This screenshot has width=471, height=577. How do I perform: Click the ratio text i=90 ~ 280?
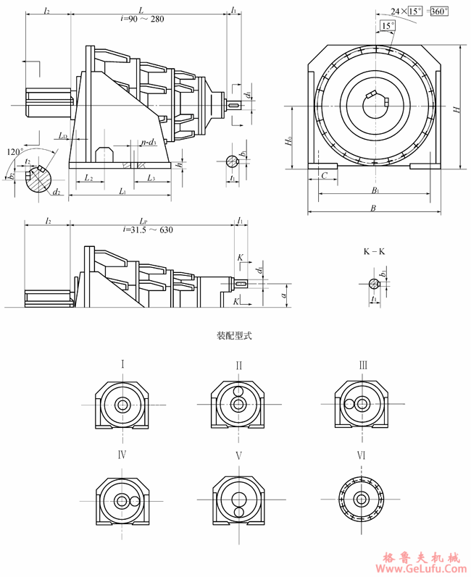pos(142,19)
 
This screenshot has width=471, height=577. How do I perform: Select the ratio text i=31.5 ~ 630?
pos(148,230)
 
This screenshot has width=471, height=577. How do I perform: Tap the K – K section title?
pos(374,252)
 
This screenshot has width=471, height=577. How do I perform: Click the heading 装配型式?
pos(233,336)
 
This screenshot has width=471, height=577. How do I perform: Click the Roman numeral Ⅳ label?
pos(122,455)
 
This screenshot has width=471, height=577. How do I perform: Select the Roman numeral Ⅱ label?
pos(238,366)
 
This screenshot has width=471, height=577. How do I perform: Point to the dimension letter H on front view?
pos(456,109)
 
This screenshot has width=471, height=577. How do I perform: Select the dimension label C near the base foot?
pos(325,175)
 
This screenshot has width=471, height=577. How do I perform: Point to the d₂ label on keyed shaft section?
pos(55,193)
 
